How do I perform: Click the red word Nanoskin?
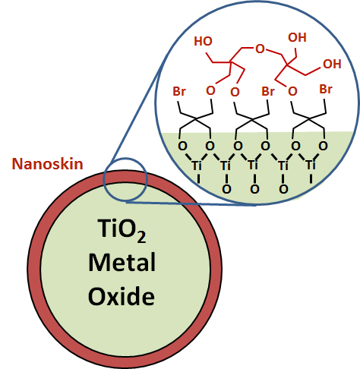(47, 164)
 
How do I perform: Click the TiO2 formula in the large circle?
(122, 230)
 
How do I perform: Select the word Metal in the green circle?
(122, 262)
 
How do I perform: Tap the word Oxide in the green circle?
(122, 296)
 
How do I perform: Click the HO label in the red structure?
(203, 41)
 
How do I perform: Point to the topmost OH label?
(297, 37)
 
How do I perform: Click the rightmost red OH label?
(332, 64)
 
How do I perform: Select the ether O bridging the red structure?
(260, 49)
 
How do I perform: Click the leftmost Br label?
(179, 91)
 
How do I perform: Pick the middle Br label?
(268, 91)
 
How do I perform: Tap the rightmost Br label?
(326, 89)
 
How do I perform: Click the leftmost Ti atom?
(197, 166)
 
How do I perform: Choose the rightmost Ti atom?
(311, 165)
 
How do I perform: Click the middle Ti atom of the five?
(254, 165)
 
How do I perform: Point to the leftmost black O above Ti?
(182, 146)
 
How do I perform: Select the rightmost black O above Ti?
(323, 146)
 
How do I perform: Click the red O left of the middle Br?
(235, 92)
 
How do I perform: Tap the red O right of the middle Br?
(292, 91)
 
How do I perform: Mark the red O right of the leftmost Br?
(210, 90)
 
